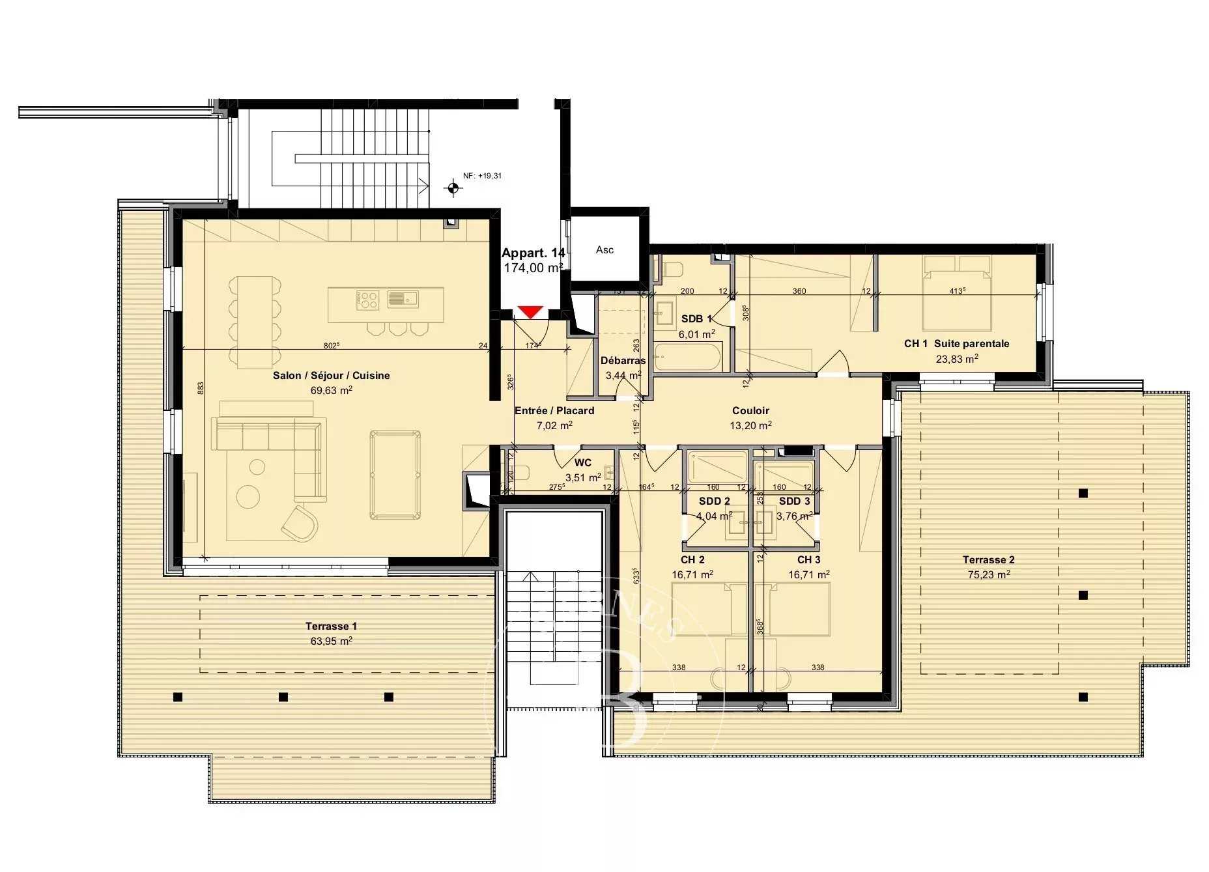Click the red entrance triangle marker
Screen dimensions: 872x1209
pos(531,312)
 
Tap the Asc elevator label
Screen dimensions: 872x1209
pos(604,250)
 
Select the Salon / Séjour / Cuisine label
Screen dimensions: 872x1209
pos(331,376)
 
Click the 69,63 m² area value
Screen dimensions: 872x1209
pos(331,391)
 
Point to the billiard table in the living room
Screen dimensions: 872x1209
pos(395,475)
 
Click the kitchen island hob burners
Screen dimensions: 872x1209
pos(367,300)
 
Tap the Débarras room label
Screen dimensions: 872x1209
pos(623,360)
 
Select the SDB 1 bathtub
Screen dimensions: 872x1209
pos(687,358)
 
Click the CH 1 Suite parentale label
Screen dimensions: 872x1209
pos(956,343)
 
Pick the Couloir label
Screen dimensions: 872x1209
pos(750,411)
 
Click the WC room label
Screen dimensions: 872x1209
pos(583,463)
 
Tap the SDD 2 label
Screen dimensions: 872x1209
pos(714,501)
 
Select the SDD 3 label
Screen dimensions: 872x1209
pos(794,501)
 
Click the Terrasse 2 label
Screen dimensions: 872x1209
pos(988,560)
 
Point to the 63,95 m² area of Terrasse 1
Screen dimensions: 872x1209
pos(331,641)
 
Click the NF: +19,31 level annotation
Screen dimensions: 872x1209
pos(482,176)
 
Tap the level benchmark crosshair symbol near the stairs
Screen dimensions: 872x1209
pos(453,189)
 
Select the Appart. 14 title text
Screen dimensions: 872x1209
pos(533,253)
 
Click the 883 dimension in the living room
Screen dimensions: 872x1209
pos(201,387)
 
